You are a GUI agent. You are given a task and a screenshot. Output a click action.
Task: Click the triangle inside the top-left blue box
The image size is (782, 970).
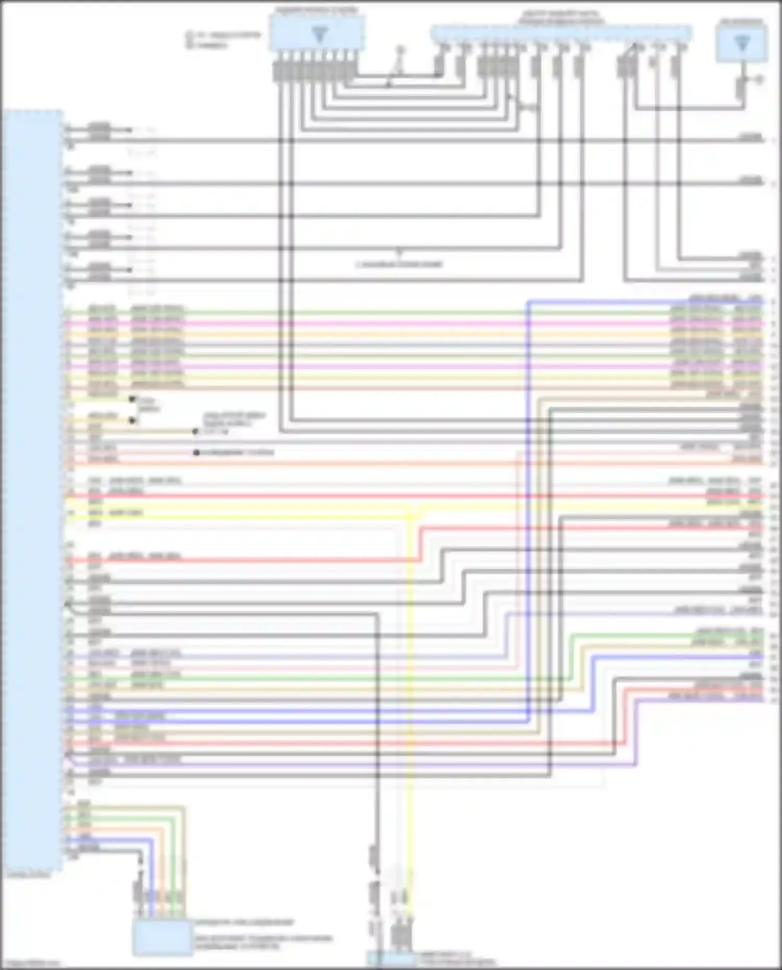coord(319,34)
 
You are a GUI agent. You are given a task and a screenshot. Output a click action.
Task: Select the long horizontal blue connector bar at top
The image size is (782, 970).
coord(560,33)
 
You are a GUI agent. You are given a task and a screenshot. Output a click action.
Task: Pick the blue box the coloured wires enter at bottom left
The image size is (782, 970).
coord(162,937)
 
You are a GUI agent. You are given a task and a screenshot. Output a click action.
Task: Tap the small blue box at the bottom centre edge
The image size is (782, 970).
coord(391,959)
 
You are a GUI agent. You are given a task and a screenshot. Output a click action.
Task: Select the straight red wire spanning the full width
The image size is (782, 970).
coord(365,496)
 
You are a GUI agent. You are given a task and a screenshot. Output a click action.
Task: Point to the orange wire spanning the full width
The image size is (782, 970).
coord(365,463)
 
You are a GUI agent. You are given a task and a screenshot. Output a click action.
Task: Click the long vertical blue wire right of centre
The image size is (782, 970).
coord(528,521)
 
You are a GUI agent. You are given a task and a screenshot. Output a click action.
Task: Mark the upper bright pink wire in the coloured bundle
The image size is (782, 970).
coord(365,324)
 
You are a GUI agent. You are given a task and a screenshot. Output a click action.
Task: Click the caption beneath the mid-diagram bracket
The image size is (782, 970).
coord(399,264)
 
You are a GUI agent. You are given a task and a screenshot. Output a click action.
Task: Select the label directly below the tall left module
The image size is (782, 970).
coord(29,875)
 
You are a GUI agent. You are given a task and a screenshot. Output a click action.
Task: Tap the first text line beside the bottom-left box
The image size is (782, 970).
coord(244,922)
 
